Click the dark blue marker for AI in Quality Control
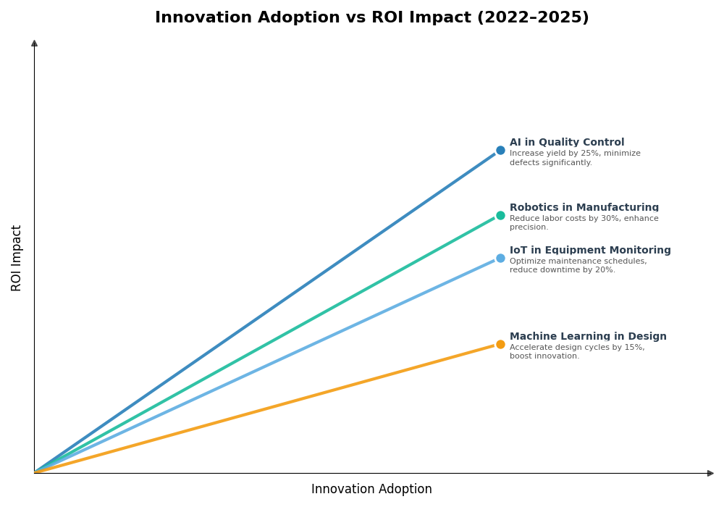(x=500, y=151)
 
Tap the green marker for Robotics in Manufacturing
(x=500, y=215)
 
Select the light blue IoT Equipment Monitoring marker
(x=500, y=258)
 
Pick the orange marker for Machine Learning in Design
(x=500, y=344)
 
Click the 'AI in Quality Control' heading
(x=566, y=143)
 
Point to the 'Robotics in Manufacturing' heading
(x=584, y=208)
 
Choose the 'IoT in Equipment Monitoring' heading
(x=589, y=251)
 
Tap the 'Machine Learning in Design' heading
(x=587, y=337)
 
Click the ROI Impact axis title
(x=17, y=258)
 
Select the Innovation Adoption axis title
(x=371, y=490)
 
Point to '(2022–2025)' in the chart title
(x=532, y=17)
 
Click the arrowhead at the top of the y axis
(x=34, y=43)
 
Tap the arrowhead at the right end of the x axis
(x=710, y=473)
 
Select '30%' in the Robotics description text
(x=599, y=219)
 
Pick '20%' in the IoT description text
(x=602, y=270)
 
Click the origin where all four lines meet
(x=35, y=472)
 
